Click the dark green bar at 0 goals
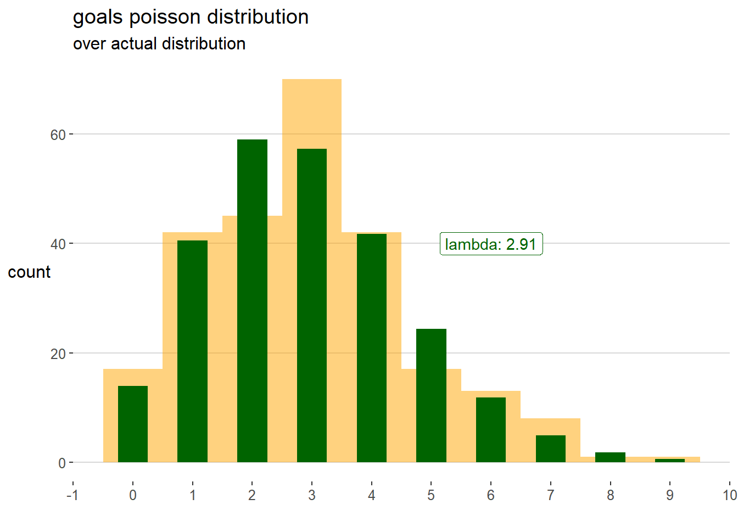click(133, 424)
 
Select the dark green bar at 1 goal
click(192, 351)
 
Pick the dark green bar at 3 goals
click(312, 305)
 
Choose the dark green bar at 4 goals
click(372, 348)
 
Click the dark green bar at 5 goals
click(431, 395)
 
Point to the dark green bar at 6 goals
click(491, 430)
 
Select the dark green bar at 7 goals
click(551, 448)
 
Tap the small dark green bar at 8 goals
click(610, 457)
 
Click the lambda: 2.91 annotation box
click(491, 244)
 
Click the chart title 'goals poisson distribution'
click(191, 17)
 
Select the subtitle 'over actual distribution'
click(159, 44)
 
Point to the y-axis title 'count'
click(29, 272)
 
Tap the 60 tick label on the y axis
click(58, 135)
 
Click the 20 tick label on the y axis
click(58, 354)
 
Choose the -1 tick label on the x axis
click(72, 495)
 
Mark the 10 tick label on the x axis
click(729, 495)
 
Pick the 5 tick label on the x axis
click(431, 495)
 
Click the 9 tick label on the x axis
click(670, 495)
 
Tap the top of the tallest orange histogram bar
click(312, 80)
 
